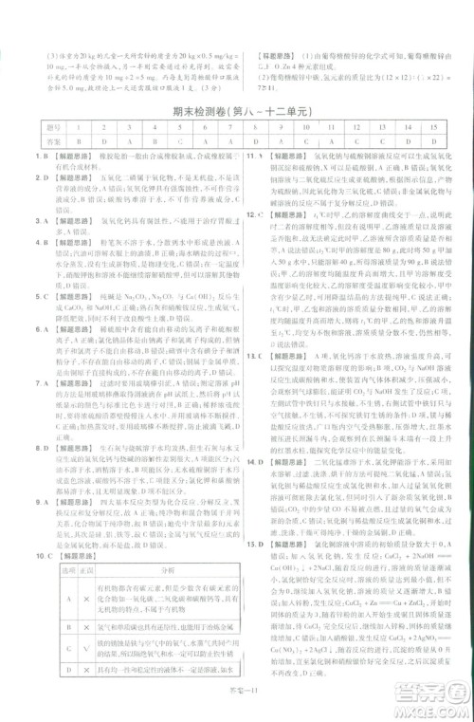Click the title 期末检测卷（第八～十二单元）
pyautogui.click(x=236, y=112)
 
